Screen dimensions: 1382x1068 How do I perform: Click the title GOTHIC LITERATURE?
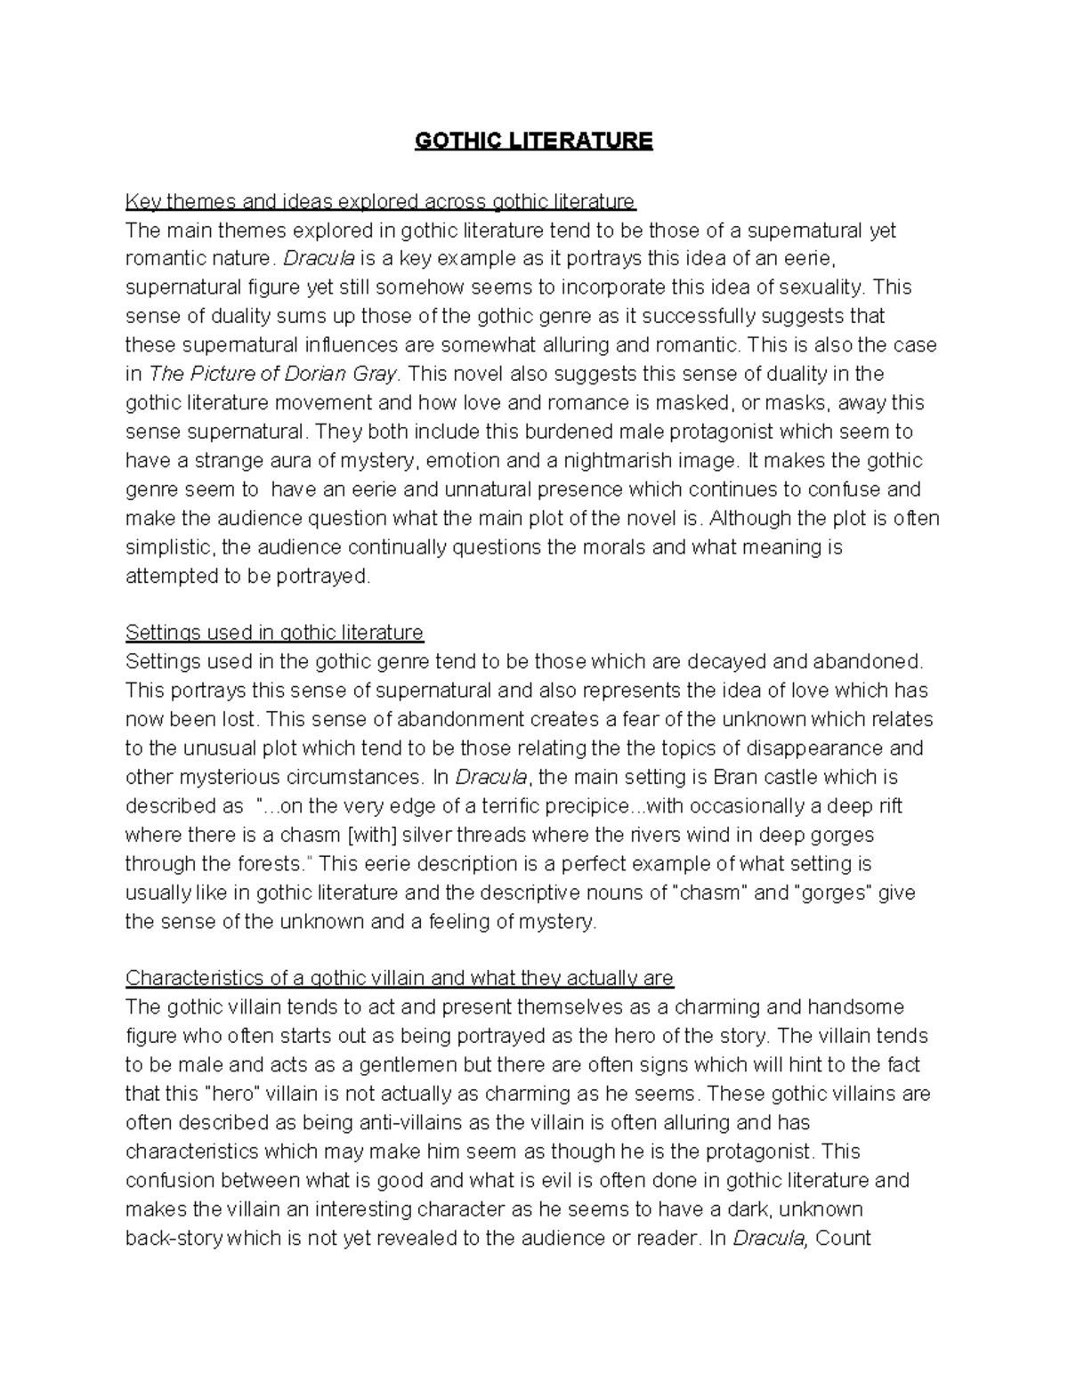[533, 141]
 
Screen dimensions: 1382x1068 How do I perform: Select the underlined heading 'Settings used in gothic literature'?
[274, 633]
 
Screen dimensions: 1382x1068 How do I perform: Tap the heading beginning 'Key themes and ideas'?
[380, 201]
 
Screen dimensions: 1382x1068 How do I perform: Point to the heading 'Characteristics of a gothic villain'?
[400, 978]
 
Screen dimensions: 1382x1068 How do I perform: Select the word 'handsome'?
[855, 1007]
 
